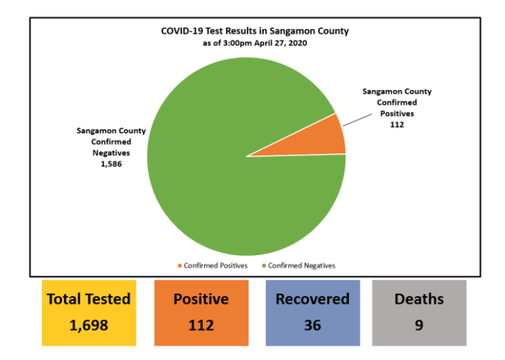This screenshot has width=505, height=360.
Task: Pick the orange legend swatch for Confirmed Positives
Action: coord(179,266)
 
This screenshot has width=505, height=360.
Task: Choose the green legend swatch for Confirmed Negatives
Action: coord(264,266)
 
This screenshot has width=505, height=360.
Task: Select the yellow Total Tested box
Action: coord(88,313)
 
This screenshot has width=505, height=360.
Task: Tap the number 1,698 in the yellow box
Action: coord(89,325)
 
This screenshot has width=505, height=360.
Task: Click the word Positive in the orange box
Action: coord(201,299)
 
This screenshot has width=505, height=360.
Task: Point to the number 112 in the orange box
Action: coord(201,325)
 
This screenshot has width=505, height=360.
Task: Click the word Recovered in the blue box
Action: coord(313,299)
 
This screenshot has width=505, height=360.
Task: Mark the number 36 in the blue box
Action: coord(313,325)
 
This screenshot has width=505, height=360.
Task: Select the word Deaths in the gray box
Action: coord(419,299)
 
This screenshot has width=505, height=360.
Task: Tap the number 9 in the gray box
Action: coord(419,325)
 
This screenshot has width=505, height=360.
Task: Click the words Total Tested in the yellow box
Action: coord(89,299)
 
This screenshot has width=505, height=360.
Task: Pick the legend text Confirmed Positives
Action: coord(216,266)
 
